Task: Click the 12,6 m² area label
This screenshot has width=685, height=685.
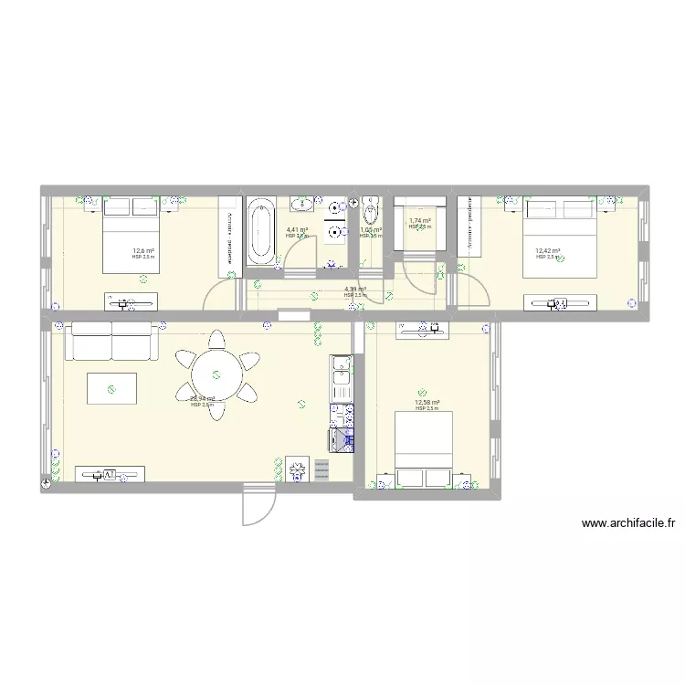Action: pos(142,251)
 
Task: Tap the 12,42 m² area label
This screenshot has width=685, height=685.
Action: pos(548,251)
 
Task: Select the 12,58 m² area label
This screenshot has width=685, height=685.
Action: pos(427,403)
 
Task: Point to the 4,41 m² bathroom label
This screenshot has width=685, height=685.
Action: pos(297,231)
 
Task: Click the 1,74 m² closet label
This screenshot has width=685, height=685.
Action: pos(420,221)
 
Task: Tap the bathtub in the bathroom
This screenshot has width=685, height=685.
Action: pos(260,233)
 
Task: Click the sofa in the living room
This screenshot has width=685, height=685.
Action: pos(111,341)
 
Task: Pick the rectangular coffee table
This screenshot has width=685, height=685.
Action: pos(111,388)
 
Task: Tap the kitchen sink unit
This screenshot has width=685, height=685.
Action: pos(342,374)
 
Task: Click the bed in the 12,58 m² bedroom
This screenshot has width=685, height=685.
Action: pos(423,448)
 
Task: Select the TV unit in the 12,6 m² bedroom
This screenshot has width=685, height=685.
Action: pos(133,298)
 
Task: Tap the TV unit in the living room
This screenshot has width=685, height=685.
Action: pos(109,474)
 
